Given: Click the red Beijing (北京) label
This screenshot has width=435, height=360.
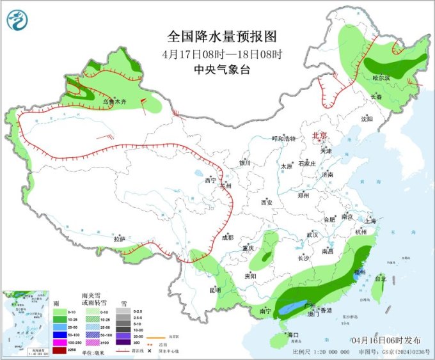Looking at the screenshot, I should pos(319,136).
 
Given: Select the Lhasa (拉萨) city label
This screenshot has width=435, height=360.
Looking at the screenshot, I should pos(120,239).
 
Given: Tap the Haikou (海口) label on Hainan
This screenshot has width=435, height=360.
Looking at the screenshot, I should pos(293,335).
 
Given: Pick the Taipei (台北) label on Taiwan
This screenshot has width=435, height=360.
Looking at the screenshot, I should pos(380,279).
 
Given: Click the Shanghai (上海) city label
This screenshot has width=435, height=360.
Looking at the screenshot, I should pos(370,221).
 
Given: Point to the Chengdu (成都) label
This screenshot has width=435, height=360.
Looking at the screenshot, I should pos(227,238).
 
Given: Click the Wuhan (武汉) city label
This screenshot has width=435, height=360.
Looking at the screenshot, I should pos(312,235).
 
